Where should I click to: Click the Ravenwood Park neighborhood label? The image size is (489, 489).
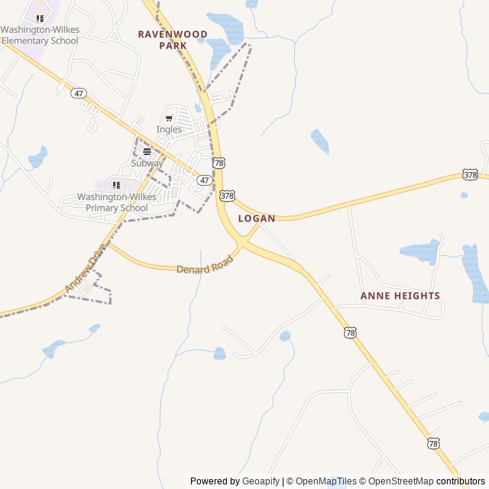[x=161, y=40]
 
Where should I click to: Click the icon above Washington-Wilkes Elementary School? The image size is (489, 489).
[x=40, y=18]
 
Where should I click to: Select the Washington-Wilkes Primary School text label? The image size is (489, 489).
[x=116, y=202]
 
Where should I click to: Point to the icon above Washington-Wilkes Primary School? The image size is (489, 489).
[x=116, y=185]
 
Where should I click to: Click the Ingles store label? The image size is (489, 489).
[x=169, y=129]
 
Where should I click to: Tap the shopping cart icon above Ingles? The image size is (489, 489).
[x=169, y=118]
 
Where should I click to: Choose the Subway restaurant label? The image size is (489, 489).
[x=147, y=163]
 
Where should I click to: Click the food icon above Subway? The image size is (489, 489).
[x=147, y=151]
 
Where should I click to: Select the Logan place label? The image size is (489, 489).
[x=256, y=219]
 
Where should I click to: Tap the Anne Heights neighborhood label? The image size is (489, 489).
[x=400, y=296]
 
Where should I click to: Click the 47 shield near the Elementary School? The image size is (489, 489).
[x=78, y=93]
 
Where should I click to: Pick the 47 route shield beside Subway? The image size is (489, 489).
[x=204, y=180]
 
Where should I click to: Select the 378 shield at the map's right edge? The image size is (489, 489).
[x=471, y=175]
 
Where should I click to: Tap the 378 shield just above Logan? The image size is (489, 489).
[x=227, y=196]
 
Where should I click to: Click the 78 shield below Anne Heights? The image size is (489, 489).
[x=350, y=332]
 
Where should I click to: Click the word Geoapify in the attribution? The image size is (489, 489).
[x=261, y=481]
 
